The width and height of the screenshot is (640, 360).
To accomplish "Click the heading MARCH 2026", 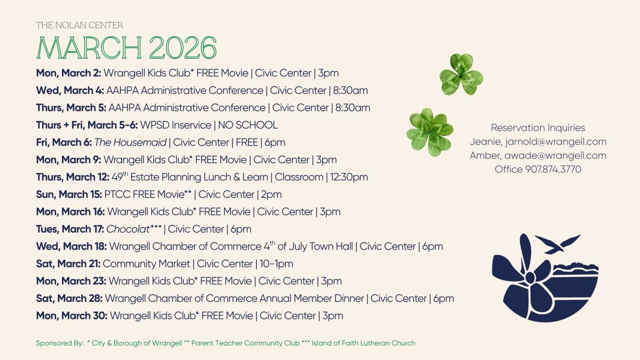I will [126, 48].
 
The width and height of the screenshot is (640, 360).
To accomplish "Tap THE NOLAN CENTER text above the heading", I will [79, 25].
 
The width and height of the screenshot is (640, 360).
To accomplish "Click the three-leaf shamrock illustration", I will [461, 75].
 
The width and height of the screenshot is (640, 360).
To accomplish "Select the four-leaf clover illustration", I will [429, 132].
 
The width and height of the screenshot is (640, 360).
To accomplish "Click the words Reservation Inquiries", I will [538, 128].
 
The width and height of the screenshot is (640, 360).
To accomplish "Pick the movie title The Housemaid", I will [131, 142].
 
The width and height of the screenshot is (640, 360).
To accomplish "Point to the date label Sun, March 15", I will [69, 195].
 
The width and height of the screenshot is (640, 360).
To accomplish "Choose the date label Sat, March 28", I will [69, 299].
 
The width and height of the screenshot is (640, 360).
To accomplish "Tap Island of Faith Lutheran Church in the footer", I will [363, 343].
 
